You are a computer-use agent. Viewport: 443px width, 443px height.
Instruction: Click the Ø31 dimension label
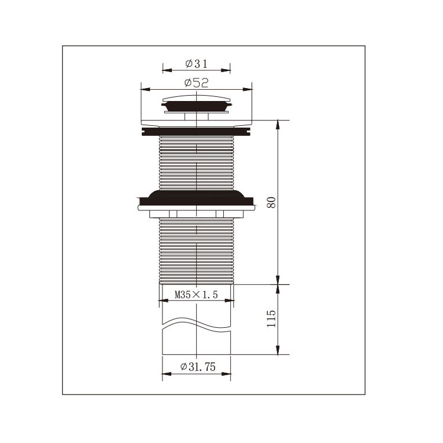(x=196, y=64)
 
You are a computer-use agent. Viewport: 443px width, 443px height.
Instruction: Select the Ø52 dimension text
(x=196, y=83)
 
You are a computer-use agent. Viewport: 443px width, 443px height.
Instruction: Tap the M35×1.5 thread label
(x=196, y=295)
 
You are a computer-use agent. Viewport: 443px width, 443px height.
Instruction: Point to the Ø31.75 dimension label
(x=198, y=367)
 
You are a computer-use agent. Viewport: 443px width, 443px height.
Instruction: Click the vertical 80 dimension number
(x=271, y=202)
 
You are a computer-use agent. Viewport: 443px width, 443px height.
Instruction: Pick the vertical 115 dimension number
(x=271, y=318)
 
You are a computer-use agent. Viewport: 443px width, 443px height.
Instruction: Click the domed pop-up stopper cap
(x=197, y=99)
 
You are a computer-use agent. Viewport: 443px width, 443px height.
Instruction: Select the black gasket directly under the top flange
(x=197, y=132)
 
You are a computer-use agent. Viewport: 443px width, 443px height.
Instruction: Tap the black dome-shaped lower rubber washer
(x=196, y=198)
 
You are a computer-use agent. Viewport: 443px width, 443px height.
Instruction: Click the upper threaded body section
(x=197, y=163)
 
